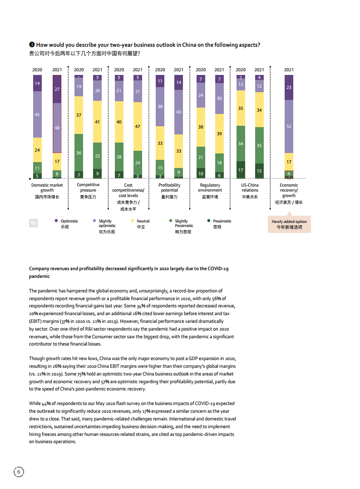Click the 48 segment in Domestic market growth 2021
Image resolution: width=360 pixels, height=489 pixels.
pyautogui.click(x=57, y=128)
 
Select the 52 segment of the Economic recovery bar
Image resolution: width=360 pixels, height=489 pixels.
pyautogui.click(x=289, y=126)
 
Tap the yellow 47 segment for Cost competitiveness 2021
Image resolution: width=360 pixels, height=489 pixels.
pyautogui.click(x=138, y=127)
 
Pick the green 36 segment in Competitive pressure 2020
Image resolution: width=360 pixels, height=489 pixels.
pyautogui.click(x=79, y=153)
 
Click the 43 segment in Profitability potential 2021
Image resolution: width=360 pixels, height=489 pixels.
pyautogui.click(x=178, y=112)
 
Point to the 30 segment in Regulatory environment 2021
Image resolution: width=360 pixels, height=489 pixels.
pyautogui.click(x=219, y=98)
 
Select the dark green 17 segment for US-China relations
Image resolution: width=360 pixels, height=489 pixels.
pyautogui.click(x=241, y=170)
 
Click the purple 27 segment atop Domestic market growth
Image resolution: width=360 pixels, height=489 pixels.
pyautogui.click(x=57, y=89)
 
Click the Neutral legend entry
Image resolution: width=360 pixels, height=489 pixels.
pyautogui.click(x=143, y=221)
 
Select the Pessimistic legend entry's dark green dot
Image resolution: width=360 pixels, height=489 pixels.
pyautogui.click(x=209, y=221)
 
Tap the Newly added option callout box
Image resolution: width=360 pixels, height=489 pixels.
pyautogui.click(x=289, y=224)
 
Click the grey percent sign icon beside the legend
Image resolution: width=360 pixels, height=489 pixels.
pyautogui.click(x=33, y=223)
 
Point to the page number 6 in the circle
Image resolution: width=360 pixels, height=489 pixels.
pyautogui.click(x=19, y=472)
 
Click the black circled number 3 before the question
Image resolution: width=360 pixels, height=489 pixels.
pyautogui.click(x=32, y=44)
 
